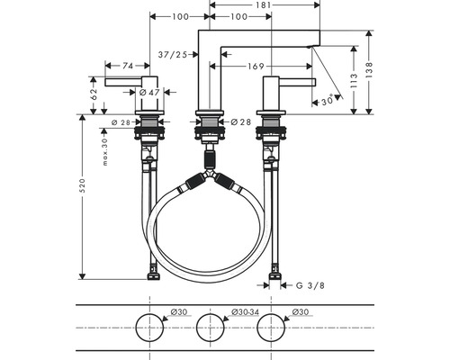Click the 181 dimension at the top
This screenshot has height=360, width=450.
click(x=264, y=4)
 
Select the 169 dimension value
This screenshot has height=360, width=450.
click(x=256, y=66)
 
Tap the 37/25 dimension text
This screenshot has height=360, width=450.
click(x=173, y=55)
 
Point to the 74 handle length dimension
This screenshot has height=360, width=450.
click(x=128, y=66)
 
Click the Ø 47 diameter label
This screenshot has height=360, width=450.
click(x=149, y=93)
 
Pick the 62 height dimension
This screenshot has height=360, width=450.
click(x=94, y=94)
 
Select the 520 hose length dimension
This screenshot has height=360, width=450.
click(x=82, y=185)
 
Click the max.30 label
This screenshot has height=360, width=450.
click(x=104, y=152)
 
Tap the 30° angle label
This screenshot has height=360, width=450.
click(x=328, y=101)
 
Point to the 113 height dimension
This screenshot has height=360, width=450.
click(x=354, y=80)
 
